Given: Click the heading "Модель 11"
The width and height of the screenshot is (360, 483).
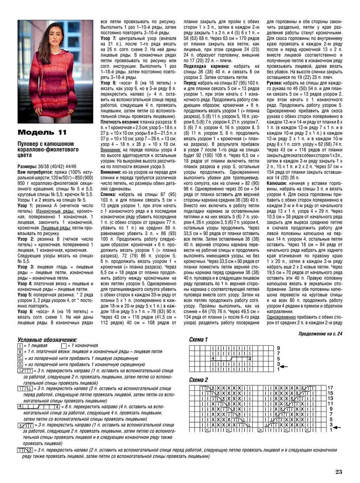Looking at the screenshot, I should tap(42, 132).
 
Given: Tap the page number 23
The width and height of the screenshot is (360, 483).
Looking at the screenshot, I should tap(339, 472).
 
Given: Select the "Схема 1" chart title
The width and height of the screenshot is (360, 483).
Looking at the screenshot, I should tap(198, 340).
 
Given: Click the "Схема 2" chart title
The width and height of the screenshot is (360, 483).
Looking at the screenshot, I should tap(198, 380).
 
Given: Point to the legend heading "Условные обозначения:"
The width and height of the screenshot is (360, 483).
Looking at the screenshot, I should tap(47, 340).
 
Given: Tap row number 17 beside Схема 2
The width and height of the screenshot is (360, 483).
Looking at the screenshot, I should tap(330, 388).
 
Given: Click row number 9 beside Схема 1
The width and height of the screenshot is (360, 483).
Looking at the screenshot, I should tap(278, 348).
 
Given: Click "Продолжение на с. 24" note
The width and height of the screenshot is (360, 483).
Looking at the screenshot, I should tap(321, 333).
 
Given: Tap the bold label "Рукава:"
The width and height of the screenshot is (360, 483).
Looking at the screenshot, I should tap(275, 82).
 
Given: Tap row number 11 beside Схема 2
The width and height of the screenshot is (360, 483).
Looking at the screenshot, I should tap(330, 403).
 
